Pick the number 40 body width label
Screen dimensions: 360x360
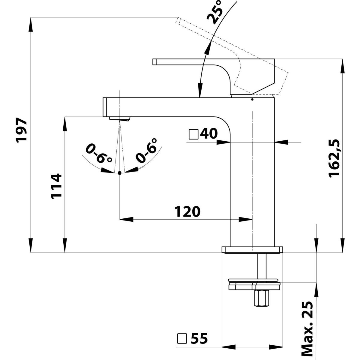pyautogui.click(x=208, y=134)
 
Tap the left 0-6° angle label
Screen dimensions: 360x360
pyautogui.click(x=96, y=153)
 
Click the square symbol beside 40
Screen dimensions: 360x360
pyautogui.click(x=193, y=134)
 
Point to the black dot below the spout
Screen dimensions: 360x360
pyautogui.click(x=120, y=173)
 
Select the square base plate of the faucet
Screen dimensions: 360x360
pyautogui.click(x=252, y=250)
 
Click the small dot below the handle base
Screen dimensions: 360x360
pyautogui.click(x=252, y=99)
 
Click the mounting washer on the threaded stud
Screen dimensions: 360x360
pyautogui.click(x=254, y=284)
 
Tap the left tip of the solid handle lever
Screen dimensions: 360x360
pyautogui.click(x=154, y=61)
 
